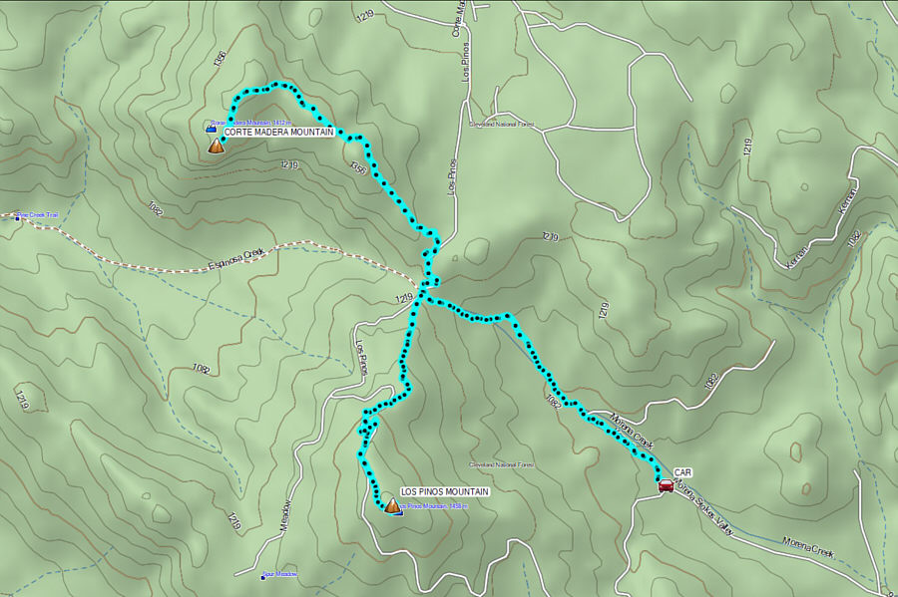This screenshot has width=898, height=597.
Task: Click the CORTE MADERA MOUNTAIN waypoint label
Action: click(277, 132)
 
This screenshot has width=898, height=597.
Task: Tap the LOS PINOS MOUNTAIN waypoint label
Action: click(444, 492)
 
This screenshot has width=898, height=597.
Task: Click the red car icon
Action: click(666, 485)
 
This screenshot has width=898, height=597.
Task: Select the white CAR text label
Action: click(682, 472)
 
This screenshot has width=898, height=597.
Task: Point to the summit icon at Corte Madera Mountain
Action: click(216, 147)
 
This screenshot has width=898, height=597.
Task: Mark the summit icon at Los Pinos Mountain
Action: click(392, 506)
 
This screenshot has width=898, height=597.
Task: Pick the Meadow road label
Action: click(285, 518)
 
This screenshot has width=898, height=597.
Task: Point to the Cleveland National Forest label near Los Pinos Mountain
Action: click(503, 465)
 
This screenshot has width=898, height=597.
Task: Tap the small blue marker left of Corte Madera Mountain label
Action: click(211, 128)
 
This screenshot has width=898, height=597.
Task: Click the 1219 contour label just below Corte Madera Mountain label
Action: click(289, 164)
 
